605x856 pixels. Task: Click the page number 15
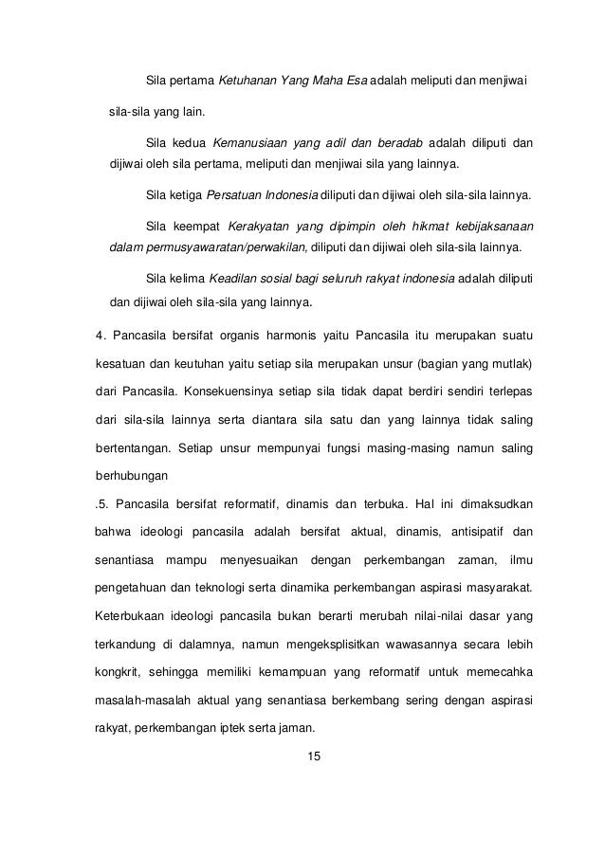pyautogui.click(x=303, y=756)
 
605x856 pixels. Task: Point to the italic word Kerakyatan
pyautogui.click(x=260, y=227)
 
